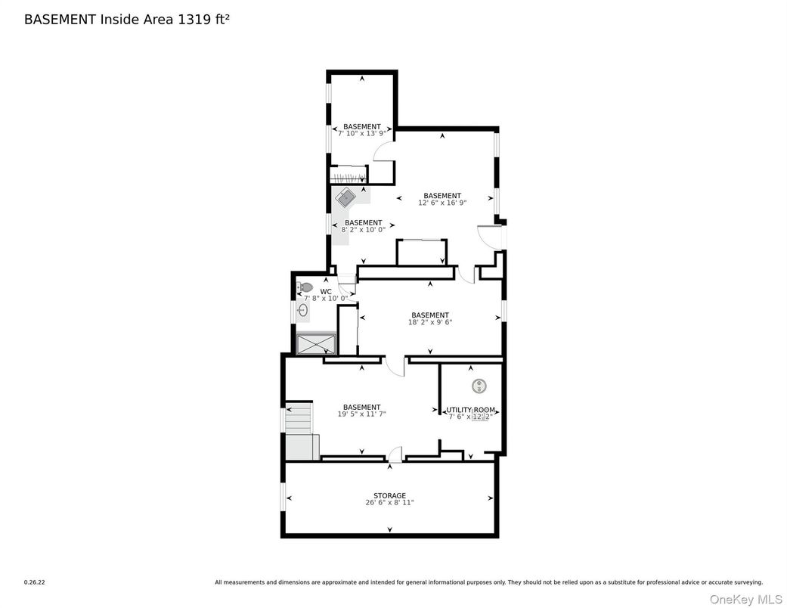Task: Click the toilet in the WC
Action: click(x=305, y=287)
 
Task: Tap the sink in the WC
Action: click(x=302, y=310)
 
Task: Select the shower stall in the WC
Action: click(x=316, y=344)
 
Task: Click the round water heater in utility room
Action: click(x=479, y=386)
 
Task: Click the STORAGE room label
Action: click(x=389, y=496)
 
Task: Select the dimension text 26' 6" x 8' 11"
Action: click(x=389, y=503)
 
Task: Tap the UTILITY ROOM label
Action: click(x=470, y=410)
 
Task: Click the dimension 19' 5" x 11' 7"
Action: click(x=361, y=414)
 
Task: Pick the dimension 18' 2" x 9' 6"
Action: click(x=429, y=322)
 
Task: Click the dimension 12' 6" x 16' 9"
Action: click(x=442, y=203)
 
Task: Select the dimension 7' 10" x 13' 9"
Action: click(x=361, y=133)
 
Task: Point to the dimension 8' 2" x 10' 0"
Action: click(x=363, y=229)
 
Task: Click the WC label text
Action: click(x=326, y=291)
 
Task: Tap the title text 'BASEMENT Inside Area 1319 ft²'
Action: click(x=127, y=20)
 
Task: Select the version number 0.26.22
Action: click(x=34, y=582)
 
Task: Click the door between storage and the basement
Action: click(x=395, y=455)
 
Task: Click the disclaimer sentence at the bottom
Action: click(x=488, y=582)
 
